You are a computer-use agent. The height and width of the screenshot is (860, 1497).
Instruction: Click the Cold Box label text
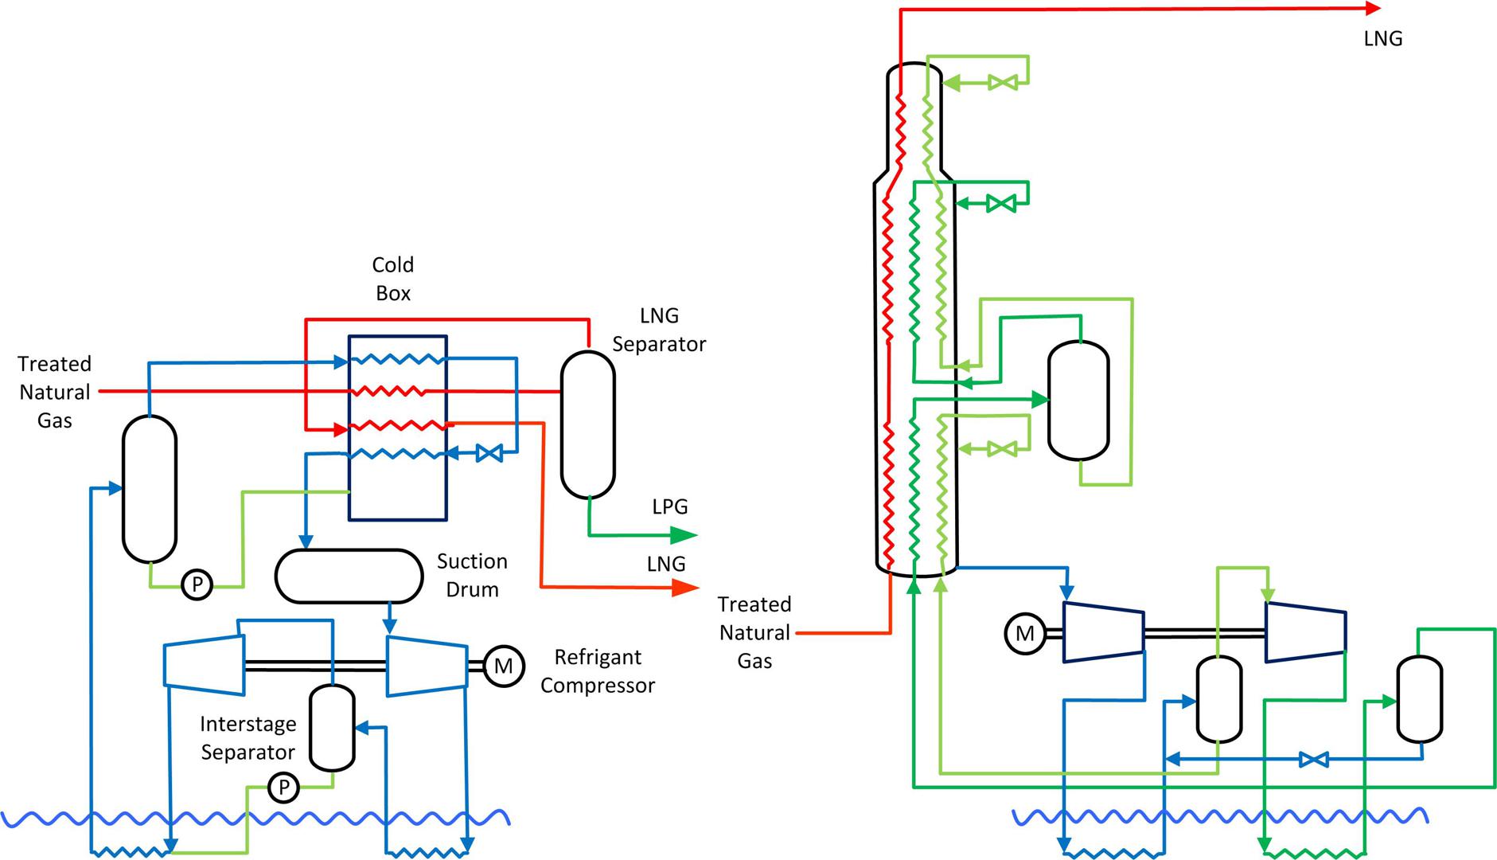pyautogui.click(x=393, y=279)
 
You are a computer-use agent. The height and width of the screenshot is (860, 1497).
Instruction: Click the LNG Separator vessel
pyautogui.click(x=588, y=424)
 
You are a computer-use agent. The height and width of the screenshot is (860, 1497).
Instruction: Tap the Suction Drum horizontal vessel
pyautogui.click(x=349, y=575)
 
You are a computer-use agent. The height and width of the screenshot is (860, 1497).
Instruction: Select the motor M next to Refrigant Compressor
pyautogui.click(x=503, y=665)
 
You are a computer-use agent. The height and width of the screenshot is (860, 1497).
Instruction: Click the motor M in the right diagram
pyautogui.click(x=1025, y=634)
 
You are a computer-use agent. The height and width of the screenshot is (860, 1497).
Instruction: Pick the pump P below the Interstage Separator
pyautogui.click(x=283, y=788)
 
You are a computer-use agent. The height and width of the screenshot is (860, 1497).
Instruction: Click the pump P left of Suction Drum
pyautogui.click(x=197, y=585)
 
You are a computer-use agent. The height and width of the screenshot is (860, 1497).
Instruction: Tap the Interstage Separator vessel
pyautogui.click(x=332, y=727)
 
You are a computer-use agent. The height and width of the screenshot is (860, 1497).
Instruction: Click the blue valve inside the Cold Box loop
pyautogui.click(x=489, y=454)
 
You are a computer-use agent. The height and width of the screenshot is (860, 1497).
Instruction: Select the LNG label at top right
pyautogui.click(x=1382, y=39)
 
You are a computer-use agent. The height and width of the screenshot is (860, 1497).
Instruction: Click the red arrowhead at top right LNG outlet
pyautogui.click(x=1373, y=9)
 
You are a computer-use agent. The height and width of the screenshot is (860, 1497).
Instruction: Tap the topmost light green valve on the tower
pyautogui.click(x=1002, y=82)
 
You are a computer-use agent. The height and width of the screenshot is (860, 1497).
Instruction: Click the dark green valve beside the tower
pyautogui.click(x=1001, y=204)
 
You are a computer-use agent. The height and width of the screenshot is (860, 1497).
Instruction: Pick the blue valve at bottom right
pyautogui.click(x=1313, y=760)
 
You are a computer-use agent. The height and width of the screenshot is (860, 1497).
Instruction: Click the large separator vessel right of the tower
pyautogui.click(x=1078, y=401)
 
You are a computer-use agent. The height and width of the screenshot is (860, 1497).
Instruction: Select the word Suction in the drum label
pyautogui.click(x=472, y=561)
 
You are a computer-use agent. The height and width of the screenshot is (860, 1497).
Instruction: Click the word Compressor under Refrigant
pyautogui.click(x=598, y=686)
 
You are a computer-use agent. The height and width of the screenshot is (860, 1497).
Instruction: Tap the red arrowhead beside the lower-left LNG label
pyautogui.click(x=684, y=588)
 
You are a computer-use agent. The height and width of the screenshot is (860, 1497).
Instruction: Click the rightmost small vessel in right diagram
pyautogui.click(x=1420, y=698)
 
